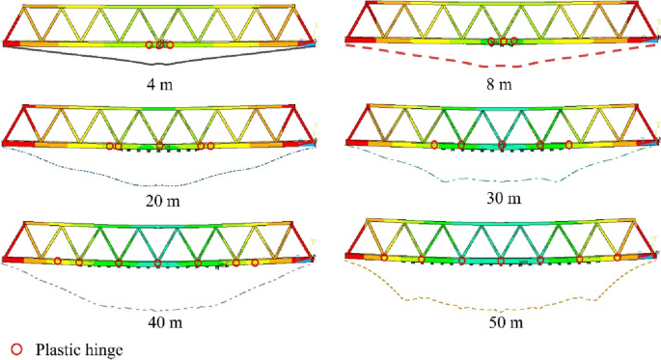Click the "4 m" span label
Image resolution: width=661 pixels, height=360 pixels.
click(158, 84)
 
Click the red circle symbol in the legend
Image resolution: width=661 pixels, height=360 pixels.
click(15, 349)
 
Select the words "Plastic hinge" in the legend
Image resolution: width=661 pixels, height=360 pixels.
click(80, 349)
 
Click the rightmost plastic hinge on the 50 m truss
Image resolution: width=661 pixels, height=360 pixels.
click(618, 258)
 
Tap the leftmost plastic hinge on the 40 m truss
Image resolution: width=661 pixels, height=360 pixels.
click(58, 261)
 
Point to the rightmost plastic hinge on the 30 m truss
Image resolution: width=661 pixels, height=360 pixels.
click(570, 145)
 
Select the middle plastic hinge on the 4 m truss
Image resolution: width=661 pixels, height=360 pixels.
click(159, 44)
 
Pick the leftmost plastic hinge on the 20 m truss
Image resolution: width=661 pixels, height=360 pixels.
click(109, 146)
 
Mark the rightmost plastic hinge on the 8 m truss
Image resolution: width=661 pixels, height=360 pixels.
click(513, 42)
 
